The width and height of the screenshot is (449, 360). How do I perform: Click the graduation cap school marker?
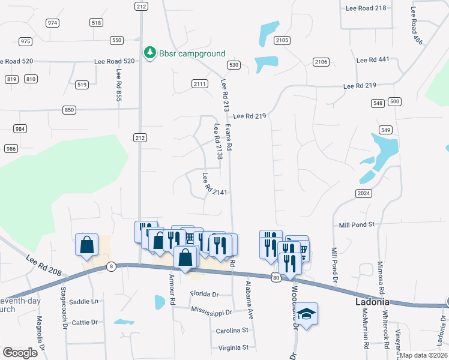pos(307,314)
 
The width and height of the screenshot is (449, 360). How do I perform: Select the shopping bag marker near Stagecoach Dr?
pos(87,245)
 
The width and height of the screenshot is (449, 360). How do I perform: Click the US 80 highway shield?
pos(276,278)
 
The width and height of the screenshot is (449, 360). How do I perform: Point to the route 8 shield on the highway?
pos(110,266)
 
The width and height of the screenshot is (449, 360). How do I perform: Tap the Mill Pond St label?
pos(357,224)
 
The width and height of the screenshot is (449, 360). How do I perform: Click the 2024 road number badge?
pos(363,193)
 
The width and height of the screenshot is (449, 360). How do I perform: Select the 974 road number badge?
pos(53,23)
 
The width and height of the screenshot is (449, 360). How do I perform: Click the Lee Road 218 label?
pos(366,8)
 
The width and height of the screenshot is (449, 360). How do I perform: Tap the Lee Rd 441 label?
pos(373,60)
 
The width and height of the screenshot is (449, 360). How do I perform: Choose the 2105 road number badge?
pos(282,40)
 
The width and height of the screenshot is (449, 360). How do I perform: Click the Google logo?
pos(20,352)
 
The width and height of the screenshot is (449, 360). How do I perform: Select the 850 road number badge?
pos(70,110)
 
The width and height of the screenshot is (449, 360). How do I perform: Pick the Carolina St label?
pos(232,331)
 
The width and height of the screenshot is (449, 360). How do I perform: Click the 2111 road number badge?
pos(200,83)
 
